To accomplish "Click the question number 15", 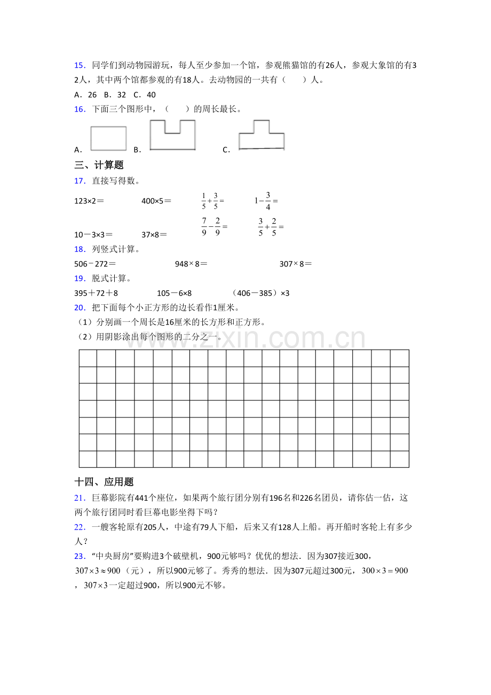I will pyautogui.click(x=80, y=65).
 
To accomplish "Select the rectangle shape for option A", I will pyautogui.click(x=108, y=138).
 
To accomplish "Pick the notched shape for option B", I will pyautogui.click(x=172, y=136).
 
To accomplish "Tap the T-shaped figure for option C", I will pyautogui.click(x=261, y=135).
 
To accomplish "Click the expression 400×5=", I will pyautogui.click(x=156, y=201).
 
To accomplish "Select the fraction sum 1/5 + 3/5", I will pyautogui.click(x=212, y=201).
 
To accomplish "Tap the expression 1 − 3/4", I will pyautogui.click(x=266, y=201).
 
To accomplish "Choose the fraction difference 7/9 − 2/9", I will pyautogui.click(x=214, y=226).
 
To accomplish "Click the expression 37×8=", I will pyautogui.click(x=154, y=234).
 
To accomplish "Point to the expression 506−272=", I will pyautogui.click(x=95, y=264).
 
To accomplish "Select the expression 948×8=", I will pyautogui.click(x=191, y=264).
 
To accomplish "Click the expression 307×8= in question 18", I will pyautogui.click(x=295, y=264).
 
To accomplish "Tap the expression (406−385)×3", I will pyautogui.click(x=261, y=293).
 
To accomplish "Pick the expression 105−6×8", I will pyautogui.click(x=174, y=293).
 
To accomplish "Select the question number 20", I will pyautogui.click(x=80, y=307).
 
